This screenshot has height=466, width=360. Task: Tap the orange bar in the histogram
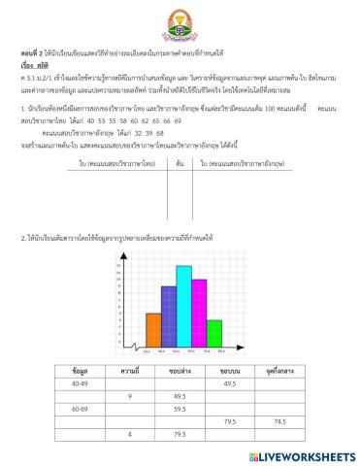(152, 329)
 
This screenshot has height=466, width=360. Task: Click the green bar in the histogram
(214, 333)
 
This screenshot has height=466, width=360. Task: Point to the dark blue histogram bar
(168, 316)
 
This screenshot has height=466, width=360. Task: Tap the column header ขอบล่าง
(179, 371)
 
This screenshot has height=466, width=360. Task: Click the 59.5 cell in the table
(179, 409)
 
